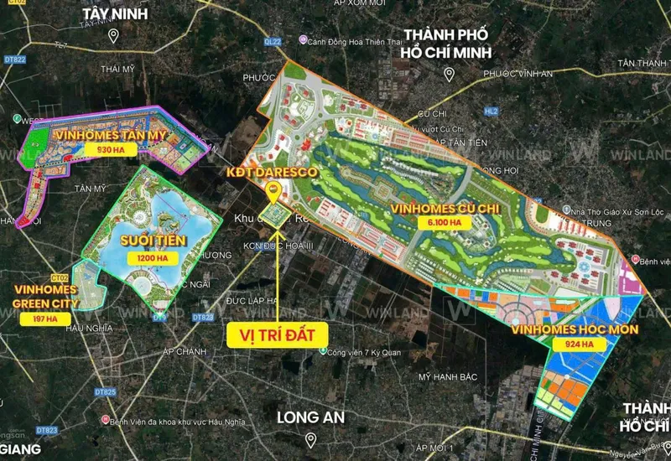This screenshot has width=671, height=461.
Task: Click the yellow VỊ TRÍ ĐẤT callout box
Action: click(x=277, y=334)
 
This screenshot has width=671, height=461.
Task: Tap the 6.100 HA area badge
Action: click(x=441, y=223)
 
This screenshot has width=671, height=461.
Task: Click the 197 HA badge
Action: click(x=39, y=319)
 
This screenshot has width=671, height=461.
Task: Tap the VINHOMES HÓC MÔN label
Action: click(x=573, y=328)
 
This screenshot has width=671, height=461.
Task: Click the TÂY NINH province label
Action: click(x=114, y=13)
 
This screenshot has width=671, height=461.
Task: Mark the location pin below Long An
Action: click(x=310, y=439)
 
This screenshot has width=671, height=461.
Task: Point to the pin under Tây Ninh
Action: click(x=114, y=35)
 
